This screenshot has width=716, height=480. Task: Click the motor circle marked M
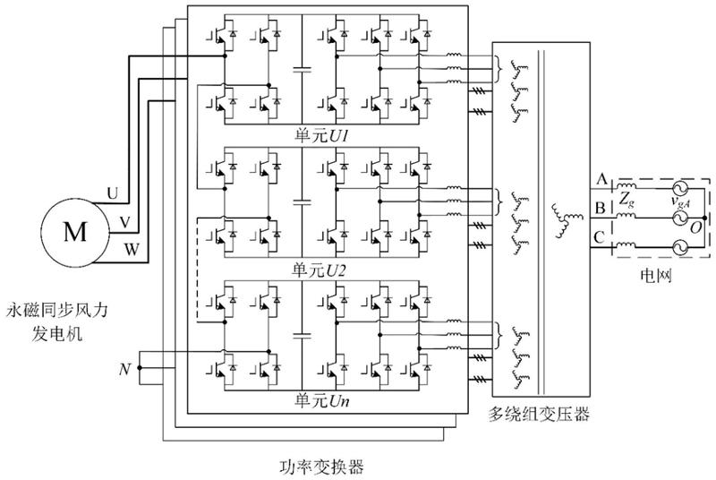pyautogui.click(x=74, y=233)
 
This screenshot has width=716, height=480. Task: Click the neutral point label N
pyautogui.click(x=124, y=367)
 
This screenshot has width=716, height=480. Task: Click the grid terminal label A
pyautogui.click(x=599, y=179)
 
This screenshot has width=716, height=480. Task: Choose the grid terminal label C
pyautogui.click(x=599, y=237)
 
